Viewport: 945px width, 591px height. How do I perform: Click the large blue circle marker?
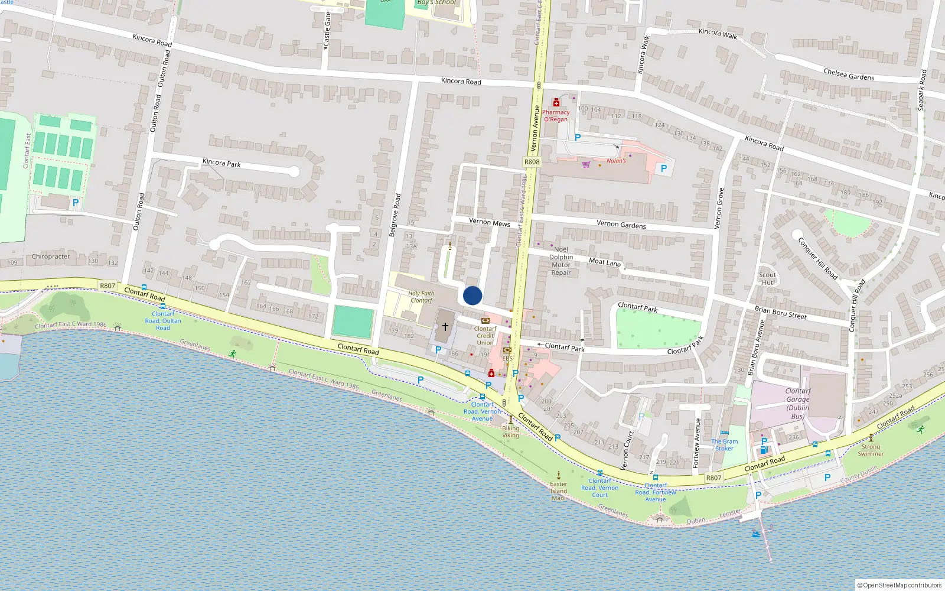pos(472,295)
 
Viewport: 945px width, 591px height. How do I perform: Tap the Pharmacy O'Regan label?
pos(556,116)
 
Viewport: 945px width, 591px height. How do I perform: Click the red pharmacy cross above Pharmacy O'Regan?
pos(556,103)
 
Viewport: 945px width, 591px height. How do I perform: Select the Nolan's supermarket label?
pos(616,161)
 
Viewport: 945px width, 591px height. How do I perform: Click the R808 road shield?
pos(532,162)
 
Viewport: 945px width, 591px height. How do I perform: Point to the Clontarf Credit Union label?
pos(485,336)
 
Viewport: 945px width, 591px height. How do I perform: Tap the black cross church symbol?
pos(445,326)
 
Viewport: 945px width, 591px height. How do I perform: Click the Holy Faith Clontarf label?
pos(421,297)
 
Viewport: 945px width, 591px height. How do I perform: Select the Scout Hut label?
pos(767,278)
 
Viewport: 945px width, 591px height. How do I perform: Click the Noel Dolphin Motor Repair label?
pos(561,261)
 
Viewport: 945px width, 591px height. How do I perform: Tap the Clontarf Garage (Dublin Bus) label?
pos(798,404)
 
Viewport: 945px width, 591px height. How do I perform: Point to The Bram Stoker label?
pos(725,445)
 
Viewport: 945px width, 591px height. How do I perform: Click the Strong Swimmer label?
pos(871,450)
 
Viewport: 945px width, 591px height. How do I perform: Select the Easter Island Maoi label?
pos(559,491)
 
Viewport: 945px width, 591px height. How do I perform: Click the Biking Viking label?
pos(511,432)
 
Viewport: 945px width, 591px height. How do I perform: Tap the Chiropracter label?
pos(51,256)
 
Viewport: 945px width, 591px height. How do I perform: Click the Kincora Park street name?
pos(221,163)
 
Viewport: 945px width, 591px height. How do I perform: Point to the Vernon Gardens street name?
pos(621,224)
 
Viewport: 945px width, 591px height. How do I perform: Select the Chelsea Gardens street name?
pos(849,74)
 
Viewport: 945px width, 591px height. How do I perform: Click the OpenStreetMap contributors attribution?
pos(900,585)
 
